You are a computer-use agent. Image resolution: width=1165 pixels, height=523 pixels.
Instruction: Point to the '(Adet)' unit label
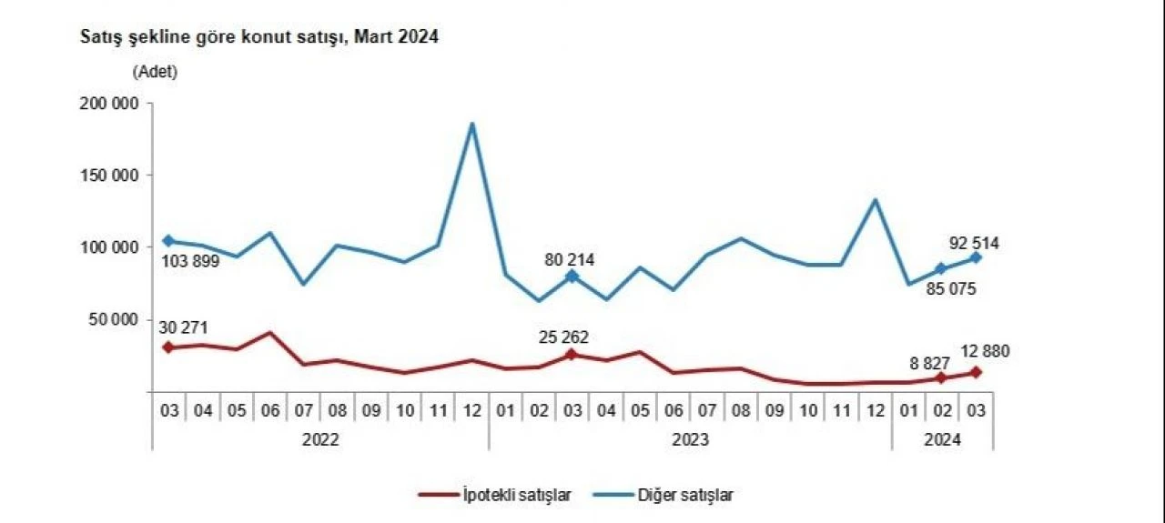[x=155, y=72]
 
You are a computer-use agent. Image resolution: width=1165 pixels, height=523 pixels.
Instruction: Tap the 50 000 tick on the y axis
[x=111, y=319]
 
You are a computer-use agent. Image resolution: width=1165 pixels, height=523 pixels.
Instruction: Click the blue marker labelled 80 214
[x=572, y=276]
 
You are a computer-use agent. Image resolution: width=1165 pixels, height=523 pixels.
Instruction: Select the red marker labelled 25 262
[x=572, y=355]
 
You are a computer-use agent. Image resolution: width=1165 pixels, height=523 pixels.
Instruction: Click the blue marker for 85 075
[x=942, y=269]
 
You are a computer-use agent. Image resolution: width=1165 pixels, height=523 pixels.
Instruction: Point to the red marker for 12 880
[x=976, y=372]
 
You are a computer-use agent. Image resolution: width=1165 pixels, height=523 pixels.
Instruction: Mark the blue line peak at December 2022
[x=471, y=124]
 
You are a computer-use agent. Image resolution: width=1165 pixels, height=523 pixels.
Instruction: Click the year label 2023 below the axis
[x=690, y=439]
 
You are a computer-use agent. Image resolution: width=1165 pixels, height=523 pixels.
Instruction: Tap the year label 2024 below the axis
[x=942, y=439]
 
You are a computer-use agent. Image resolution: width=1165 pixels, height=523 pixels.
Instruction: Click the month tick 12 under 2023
[x=875, y=410]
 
